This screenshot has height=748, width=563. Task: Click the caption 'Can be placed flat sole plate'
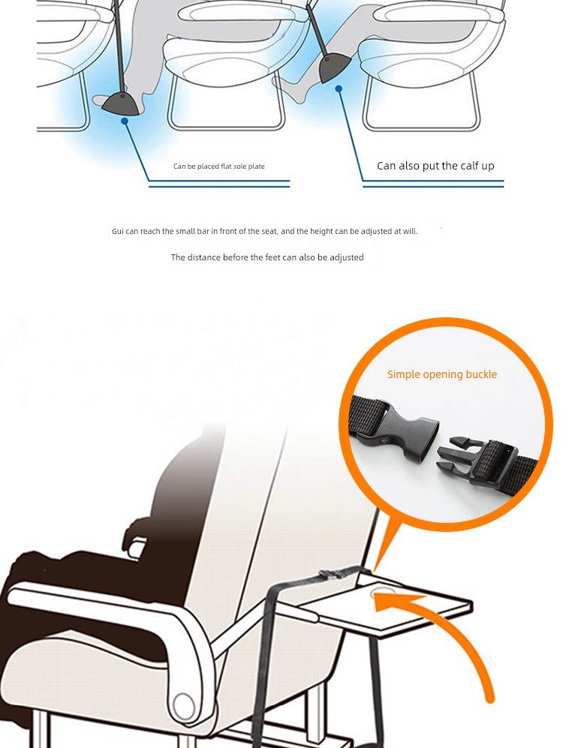(219, 166)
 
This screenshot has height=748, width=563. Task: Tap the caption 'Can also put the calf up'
(435, 166)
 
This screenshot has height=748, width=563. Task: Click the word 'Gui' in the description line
(118, 231)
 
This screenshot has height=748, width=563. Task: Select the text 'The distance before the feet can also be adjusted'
(267, 257)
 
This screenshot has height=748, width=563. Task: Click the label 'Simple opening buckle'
(442, 374)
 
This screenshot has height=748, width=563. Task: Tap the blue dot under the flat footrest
(125, 122)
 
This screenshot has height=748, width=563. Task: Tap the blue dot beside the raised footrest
(339, 89)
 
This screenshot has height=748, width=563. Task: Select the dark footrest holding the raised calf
(333, 66)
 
